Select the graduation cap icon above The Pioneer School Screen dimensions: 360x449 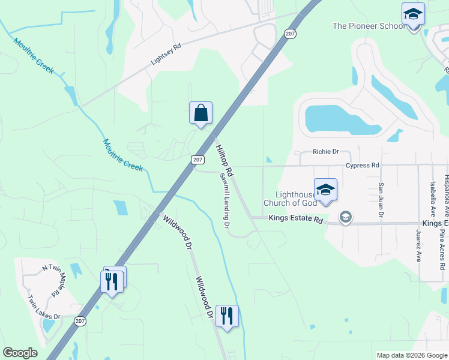pos(413,14)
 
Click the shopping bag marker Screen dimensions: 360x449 pos(200,113)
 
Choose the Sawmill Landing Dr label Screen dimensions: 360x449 pos(225,201)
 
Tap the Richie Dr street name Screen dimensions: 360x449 pos(326,152)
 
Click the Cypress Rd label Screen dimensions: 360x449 pos(363,165)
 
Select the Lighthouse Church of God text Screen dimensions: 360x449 pos(295,198)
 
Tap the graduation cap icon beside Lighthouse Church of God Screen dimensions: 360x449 pos(325,190)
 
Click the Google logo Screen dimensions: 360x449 pos(20,353)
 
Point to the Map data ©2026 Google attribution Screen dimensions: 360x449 pos(411,355)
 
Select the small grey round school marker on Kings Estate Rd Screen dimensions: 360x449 pos(345,217)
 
